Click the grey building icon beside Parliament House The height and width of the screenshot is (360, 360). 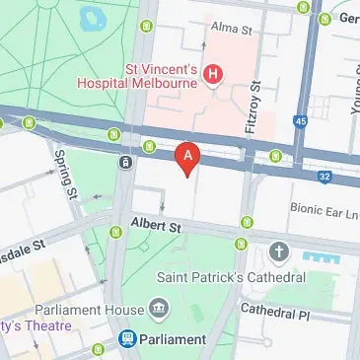(x=159, y=309)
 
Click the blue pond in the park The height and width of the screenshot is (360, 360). (x=95, y=18)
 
